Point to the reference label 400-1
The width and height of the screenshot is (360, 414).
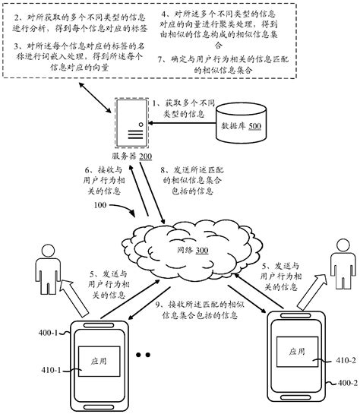click(x=27, y=333)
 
